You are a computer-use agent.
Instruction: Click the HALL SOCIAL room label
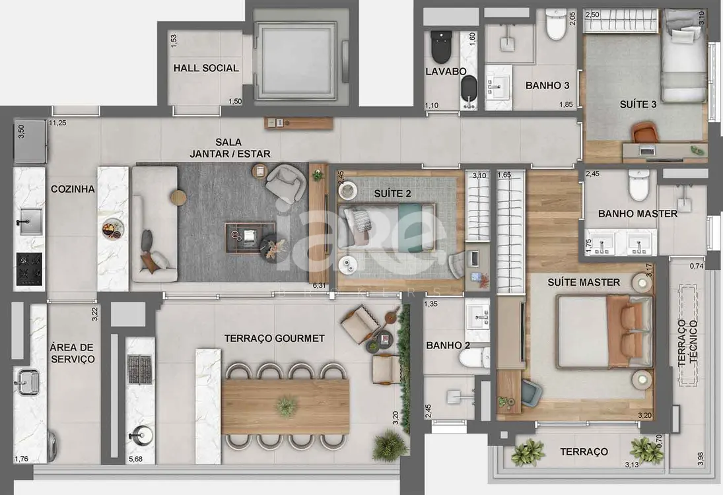(x=206, y=68)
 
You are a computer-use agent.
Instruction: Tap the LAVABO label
(x=446, y=71)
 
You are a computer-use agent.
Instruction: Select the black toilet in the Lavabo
(x=441, y=47)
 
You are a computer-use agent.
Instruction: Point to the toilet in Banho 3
(x=555, y=25)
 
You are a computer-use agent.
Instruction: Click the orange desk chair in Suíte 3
(x=644, y=132)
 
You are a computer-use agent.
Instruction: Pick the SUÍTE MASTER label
(x=584, y=282)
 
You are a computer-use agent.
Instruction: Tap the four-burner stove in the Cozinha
(x=30, y=269)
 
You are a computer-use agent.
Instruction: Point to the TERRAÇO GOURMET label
(x=275, y=339)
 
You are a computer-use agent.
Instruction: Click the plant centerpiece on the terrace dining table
(x=287, y=406)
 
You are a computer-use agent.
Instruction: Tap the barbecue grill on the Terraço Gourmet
(x=140, y=369)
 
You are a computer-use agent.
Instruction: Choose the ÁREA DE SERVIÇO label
(x=73, y=353)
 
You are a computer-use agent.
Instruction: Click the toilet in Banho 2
(x=479, y=358)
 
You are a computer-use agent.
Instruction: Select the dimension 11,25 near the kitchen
(x=57, y=123)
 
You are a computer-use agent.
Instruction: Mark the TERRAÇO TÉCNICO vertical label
(x=688, y=343)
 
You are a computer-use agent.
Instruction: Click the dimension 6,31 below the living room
(x=319, y=285)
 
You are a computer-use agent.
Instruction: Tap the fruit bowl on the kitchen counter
(x=112, y=229)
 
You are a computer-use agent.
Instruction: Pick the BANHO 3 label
(x=547, y=85)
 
